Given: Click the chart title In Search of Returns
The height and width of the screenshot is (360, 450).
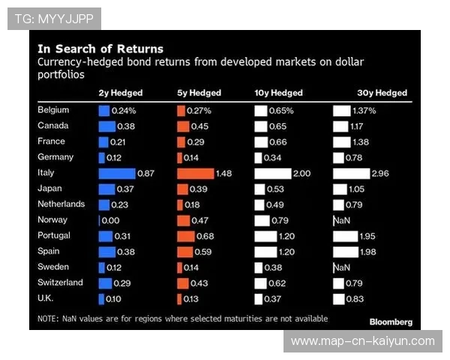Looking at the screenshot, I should [100, 49].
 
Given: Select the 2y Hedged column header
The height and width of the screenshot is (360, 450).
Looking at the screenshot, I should [120, 93].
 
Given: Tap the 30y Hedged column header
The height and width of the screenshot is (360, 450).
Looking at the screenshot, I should [382, 93].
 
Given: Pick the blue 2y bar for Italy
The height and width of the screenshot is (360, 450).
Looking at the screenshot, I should [116, 173].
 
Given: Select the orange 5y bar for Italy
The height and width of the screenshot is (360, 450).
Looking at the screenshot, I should [195, 173].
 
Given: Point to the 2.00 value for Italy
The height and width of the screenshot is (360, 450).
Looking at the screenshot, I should [301, 173].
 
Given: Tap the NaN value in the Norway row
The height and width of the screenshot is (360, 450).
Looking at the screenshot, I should [342, 220].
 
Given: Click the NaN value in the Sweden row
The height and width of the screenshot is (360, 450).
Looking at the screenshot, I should [342, 268].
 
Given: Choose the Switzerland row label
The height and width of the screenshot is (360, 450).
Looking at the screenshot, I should [60, 283].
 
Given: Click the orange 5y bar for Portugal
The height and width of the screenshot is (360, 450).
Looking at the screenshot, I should [185, 236].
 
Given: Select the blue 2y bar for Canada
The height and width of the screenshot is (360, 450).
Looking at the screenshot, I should [106, 126].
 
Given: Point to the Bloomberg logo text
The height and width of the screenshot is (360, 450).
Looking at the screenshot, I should [391, 322].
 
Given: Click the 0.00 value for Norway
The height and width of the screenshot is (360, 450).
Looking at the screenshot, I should [110, 220].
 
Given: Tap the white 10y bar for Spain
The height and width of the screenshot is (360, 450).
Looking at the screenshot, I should [265, 252].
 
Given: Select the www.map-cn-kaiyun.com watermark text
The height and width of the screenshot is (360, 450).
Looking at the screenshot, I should [362, 341].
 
